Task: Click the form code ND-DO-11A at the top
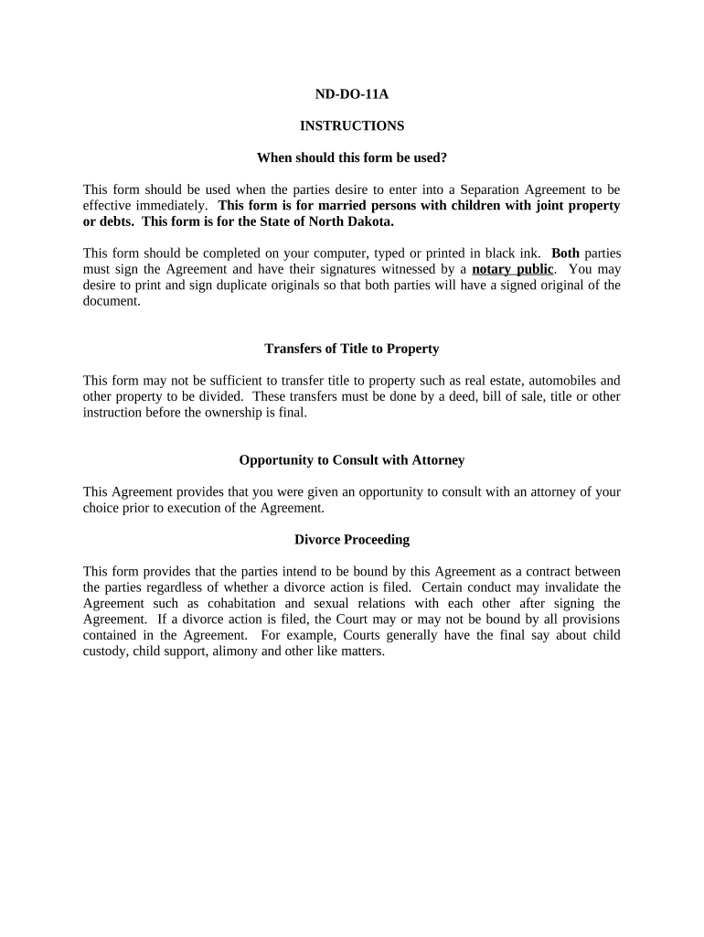[x=351, y=93]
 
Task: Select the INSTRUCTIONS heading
[x=351, y=125]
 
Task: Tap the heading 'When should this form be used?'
[x=351, y=157]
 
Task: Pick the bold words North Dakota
[x=350, y=221]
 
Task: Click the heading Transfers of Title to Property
[x=351, y=349]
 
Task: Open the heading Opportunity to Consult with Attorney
[x=351, y=460]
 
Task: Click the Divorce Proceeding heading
[x=351, y=540]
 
